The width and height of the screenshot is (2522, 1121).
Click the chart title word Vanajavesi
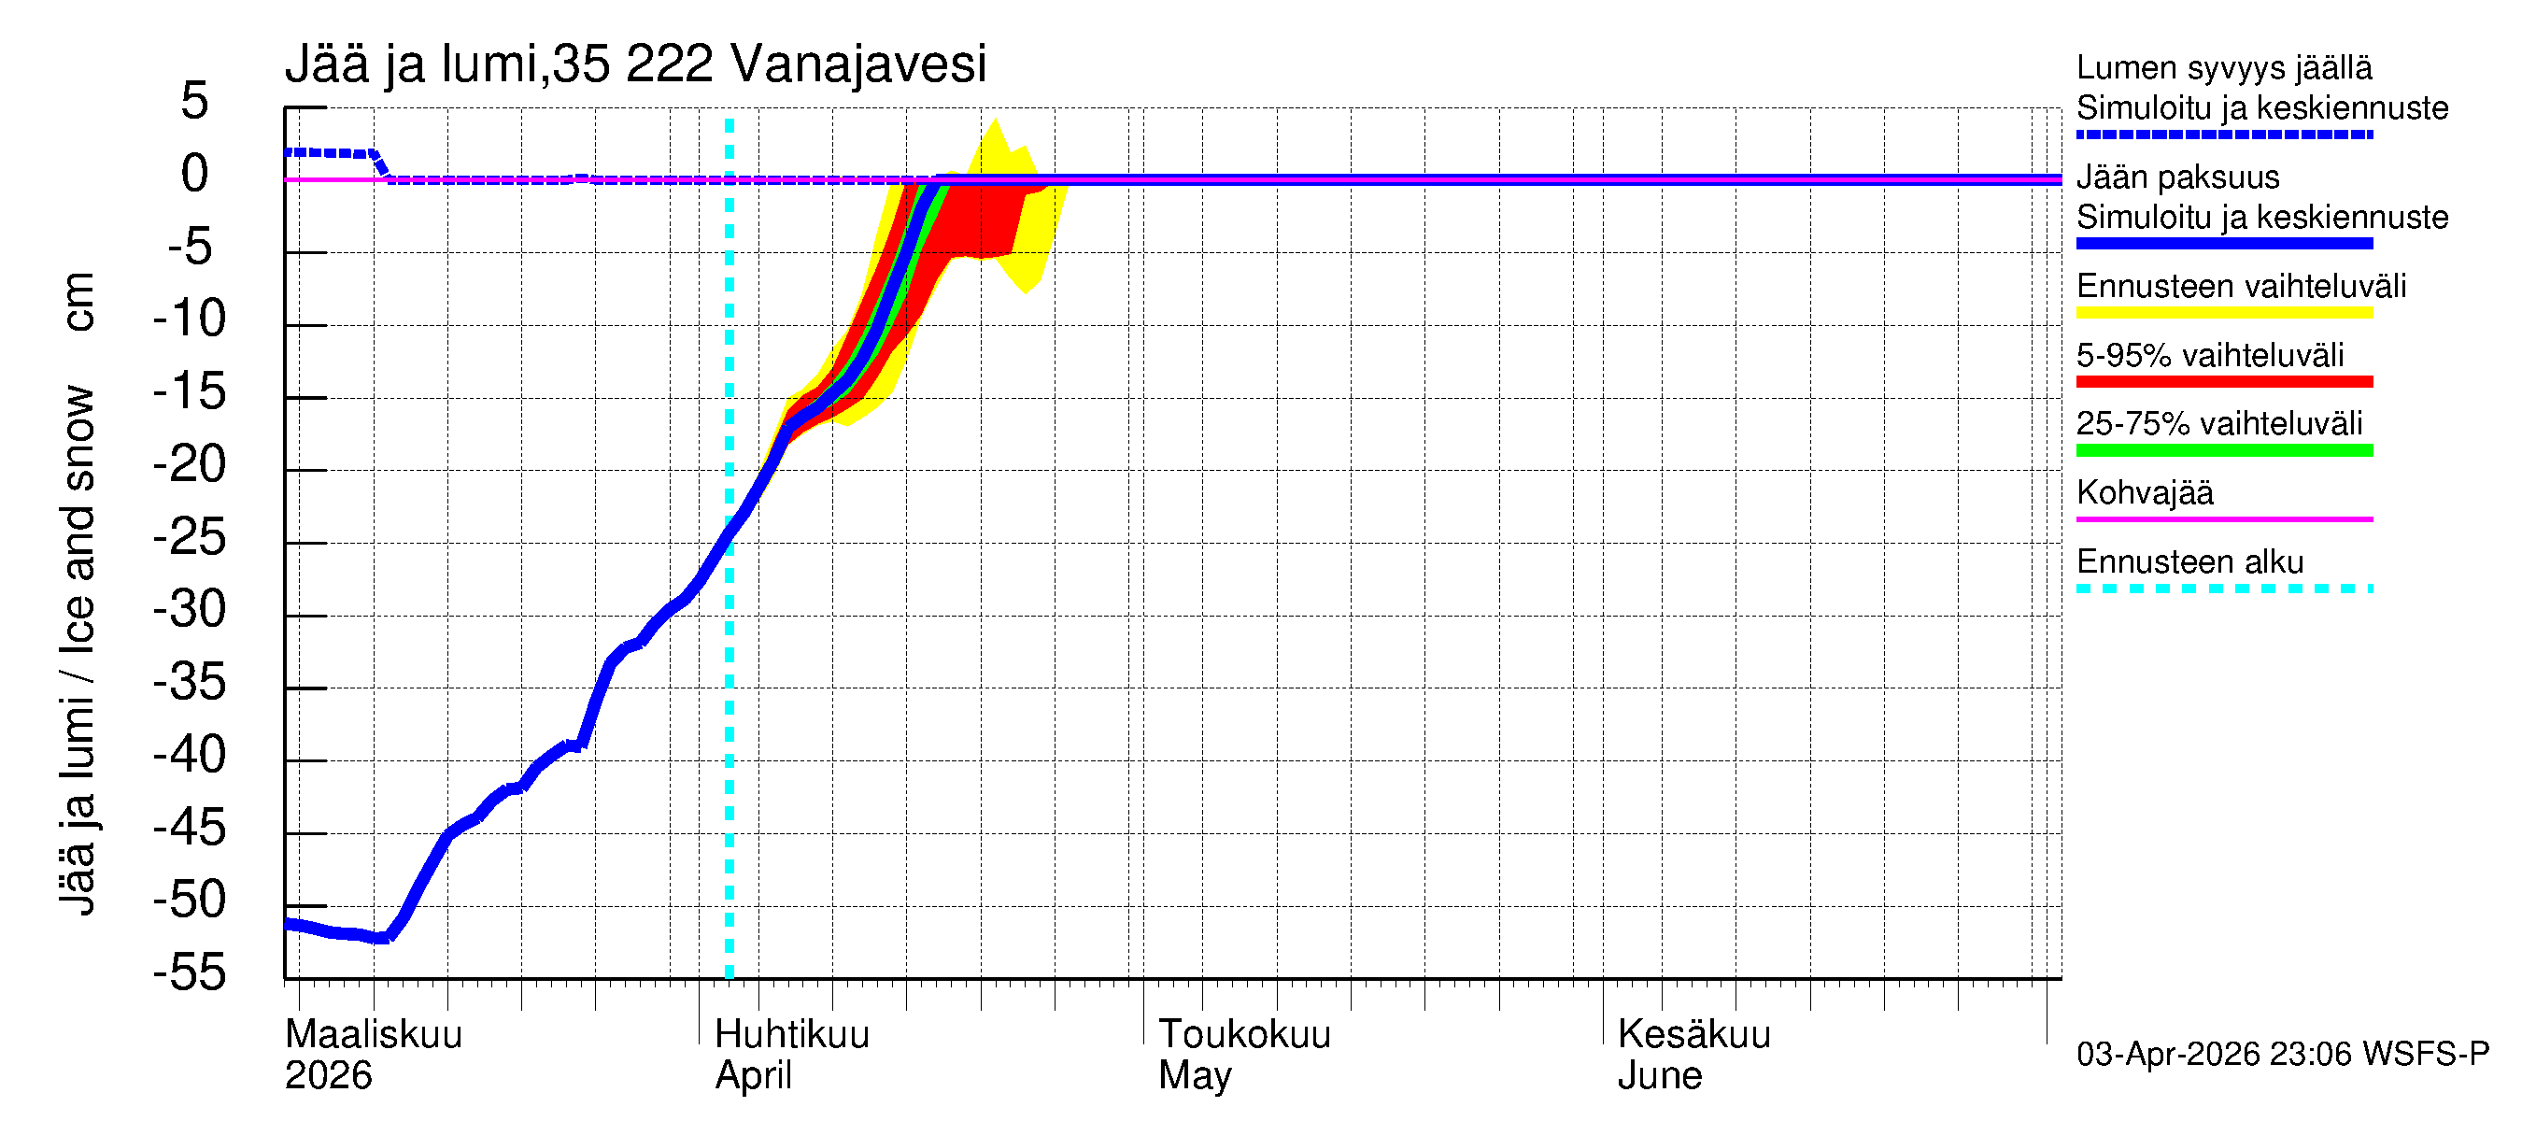click(857, 64)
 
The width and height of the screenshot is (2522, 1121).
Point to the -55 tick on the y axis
click(190, 973)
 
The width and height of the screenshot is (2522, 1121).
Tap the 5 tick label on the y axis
click(195, 101)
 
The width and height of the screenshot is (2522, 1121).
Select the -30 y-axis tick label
click(190, 610)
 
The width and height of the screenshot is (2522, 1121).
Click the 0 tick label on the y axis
click(195, 175)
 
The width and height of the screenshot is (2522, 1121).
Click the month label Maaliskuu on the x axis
click(373, 1035)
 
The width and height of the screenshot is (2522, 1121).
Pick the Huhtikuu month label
click(791, 1035)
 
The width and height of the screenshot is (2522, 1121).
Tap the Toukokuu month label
click(1243, 1035)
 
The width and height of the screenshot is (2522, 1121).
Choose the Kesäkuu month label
click(1693, 1035)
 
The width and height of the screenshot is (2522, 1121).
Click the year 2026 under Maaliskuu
click(328, 1076)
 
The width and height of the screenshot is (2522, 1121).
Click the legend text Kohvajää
click(2144, 492)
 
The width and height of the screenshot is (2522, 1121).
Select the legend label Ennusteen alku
click(2189, 562)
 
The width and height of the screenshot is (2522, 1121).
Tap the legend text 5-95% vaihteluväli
click(2209, 355)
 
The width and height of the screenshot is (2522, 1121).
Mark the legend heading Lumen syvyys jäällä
click(2223, 67)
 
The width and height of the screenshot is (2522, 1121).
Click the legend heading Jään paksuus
click(2177, 177)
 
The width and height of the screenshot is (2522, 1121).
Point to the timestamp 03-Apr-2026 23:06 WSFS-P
click(2281, 1055)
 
